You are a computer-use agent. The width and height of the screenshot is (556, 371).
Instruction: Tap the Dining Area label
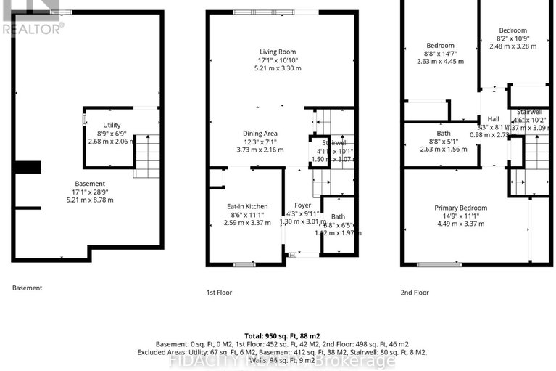260,133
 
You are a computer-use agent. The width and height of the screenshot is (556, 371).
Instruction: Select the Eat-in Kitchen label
247,206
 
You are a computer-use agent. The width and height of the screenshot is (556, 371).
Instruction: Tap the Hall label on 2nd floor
493,118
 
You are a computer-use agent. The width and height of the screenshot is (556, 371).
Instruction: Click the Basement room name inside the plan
90,184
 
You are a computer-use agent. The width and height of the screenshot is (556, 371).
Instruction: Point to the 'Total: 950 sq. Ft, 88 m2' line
278,335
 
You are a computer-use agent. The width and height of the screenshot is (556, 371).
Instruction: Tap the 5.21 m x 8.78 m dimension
90,200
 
